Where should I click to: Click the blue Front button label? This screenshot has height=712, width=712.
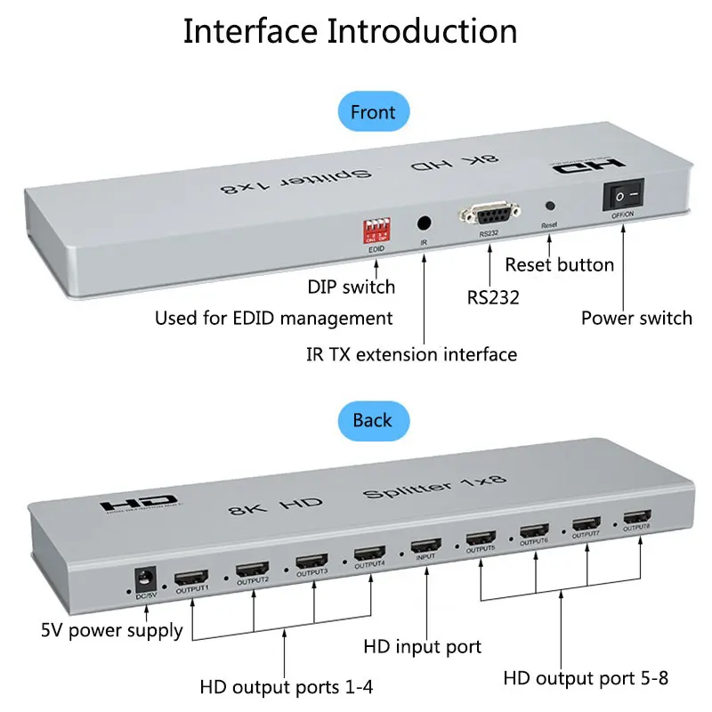[x=372, y=112]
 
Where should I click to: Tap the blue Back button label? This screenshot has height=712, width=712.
[x=372, y=419]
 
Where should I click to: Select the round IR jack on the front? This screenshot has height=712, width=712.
[x=425, y=223]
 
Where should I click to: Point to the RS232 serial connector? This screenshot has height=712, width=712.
[x=488, y=214]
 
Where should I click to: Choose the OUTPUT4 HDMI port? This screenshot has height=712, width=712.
[x=369, y=554]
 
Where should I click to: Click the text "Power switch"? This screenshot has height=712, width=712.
[x=636, y=318]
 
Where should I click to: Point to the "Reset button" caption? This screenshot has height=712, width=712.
[x=559, y=264]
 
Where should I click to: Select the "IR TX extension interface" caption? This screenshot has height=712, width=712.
[x=411, y=354]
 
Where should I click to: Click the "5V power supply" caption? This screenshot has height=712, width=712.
[x=112, y=631]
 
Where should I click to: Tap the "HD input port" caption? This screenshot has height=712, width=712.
[x=423, y=647]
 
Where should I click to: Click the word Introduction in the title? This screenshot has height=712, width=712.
[x=423, y=31]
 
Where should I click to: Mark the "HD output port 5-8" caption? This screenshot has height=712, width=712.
[x=586, y=678]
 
